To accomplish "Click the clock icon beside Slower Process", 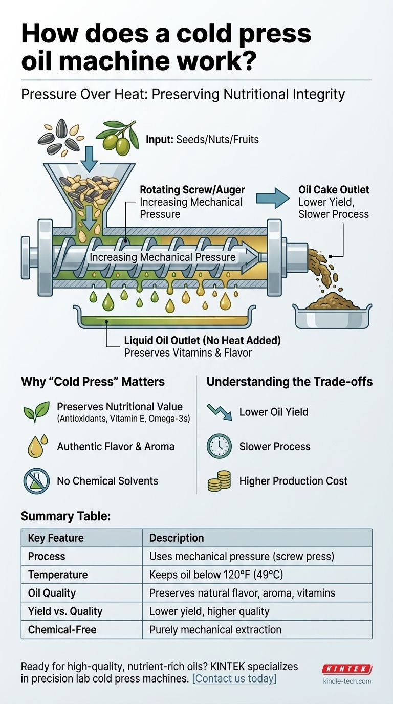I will pos(219,446).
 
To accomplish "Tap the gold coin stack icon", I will pos(219,481).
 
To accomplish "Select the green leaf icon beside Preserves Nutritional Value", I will pos(36,411).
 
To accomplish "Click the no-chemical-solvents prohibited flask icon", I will pos(36,481).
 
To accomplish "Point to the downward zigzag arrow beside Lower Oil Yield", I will pos(219,412).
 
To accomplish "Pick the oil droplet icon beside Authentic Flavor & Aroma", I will pos(37,446).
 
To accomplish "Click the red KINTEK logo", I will pos(347,669).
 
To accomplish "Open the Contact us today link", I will pos(234,679).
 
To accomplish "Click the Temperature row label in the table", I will pos(58,575).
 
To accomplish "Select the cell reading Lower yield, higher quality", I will pos(209,611).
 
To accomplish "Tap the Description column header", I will pos(176,538).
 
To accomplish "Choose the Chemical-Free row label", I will pos(62,630).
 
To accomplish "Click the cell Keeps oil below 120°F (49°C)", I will pos(216,575).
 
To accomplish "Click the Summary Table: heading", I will pos(65,516).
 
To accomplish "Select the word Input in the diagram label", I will pos(159,139).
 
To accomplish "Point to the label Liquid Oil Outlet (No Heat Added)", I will pos(202,340).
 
